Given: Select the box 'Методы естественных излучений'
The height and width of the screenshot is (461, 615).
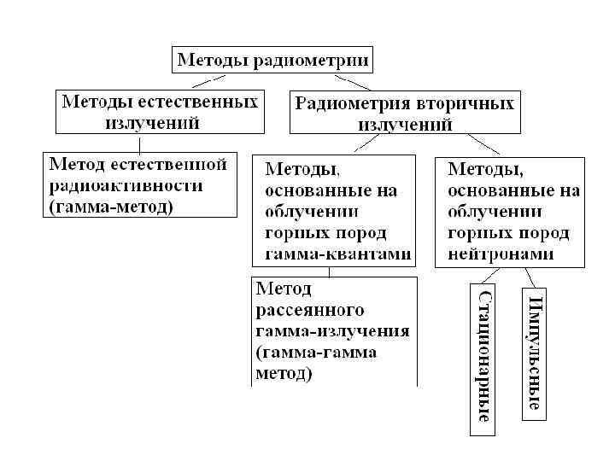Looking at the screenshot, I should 159,112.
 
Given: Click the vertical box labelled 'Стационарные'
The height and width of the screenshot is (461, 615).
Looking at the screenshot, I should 483,359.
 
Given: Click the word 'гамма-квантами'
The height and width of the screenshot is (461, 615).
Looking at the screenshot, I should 338,254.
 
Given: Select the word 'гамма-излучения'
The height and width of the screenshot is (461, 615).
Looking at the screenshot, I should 332,330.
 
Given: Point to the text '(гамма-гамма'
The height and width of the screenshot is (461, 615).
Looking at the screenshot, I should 316,352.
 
